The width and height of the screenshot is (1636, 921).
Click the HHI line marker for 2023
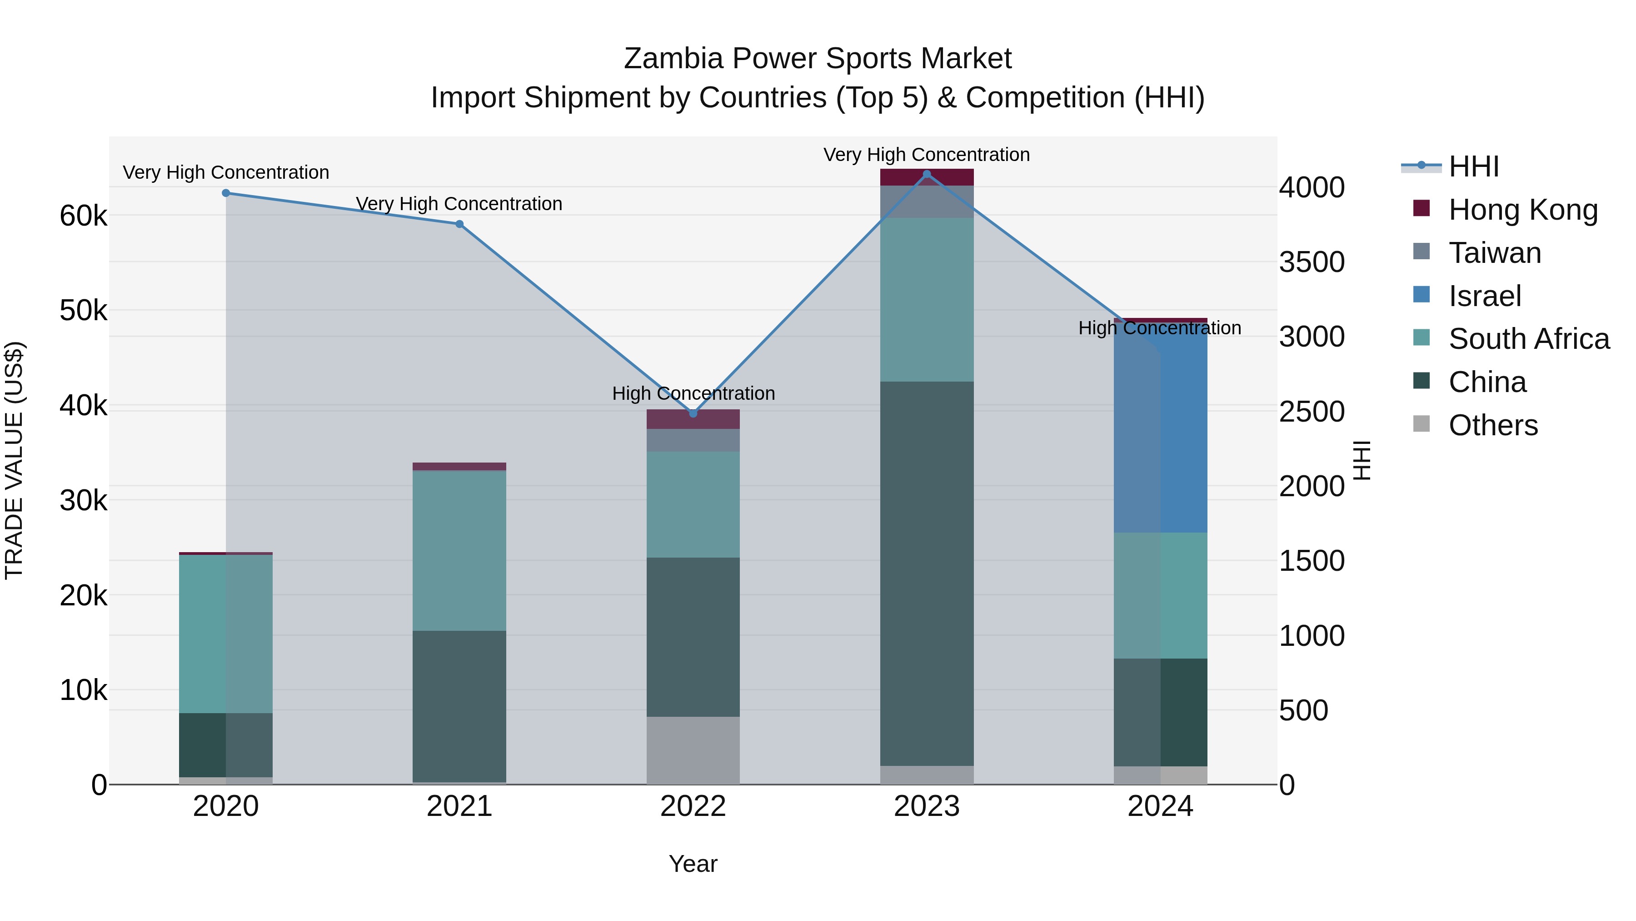coord(927,174)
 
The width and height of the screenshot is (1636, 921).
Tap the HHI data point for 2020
coord(226,193)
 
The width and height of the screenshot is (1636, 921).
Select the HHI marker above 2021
coord(459,224)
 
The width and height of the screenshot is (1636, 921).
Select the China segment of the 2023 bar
coord(927,572)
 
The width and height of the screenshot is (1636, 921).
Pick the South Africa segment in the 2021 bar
coord(459,550)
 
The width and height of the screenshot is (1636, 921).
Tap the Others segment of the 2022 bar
coord(693,750)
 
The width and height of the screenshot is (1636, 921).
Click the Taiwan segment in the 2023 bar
coord(927,201)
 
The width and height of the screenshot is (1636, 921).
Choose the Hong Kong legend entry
coord(1522,210)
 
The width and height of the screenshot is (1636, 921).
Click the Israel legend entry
coord(1484,296)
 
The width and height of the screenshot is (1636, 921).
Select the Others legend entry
coord(1492,425)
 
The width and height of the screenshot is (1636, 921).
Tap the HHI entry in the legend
coord(1473,166)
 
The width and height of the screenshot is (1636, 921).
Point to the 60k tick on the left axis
coord(83,216)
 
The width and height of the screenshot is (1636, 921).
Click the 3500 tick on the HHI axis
coord(1312,262)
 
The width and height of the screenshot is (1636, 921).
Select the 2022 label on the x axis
coord(693,806)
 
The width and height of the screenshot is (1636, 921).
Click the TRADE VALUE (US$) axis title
coord(14,460)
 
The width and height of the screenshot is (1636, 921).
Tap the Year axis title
coord(693,864)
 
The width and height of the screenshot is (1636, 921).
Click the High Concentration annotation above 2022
coord(693,393)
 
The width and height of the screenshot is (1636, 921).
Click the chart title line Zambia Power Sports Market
coord(818,59)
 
